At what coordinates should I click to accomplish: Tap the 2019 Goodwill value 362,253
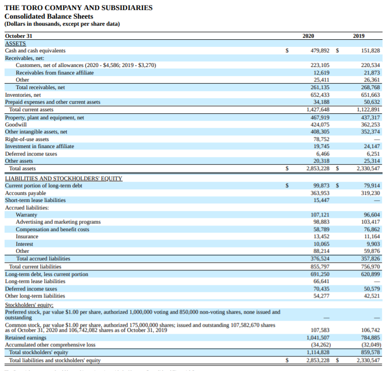click(369, 125)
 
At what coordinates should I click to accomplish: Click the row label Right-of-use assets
click(27, 139)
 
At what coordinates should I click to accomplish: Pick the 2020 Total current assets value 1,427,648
click(317, 110)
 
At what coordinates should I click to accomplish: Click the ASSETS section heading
click(15, 44)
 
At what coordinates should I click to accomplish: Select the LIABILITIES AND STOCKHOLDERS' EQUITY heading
click(63, 179)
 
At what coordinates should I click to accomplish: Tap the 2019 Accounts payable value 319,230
click(370, 193)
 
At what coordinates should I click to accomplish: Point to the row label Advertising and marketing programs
click(58, 222)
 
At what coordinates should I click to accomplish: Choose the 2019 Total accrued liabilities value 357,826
click(369, 259)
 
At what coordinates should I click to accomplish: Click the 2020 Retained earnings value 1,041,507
click(318, 338)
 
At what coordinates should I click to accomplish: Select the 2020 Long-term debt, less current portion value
click(319, 274)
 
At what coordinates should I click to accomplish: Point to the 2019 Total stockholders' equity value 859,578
click(369, 352)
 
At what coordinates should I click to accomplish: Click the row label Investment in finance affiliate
click(39, 146)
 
